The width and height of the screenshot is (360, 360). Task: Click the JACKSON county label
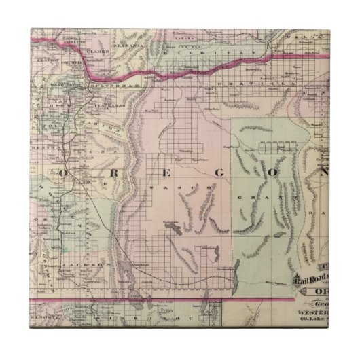tap(76, 262)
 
